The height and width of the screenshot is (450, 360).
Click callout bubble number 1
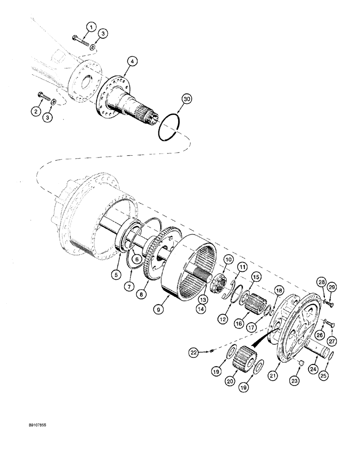click(91, 28)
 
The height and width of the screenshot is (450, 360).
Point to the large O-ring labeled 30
click(170, 128)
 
